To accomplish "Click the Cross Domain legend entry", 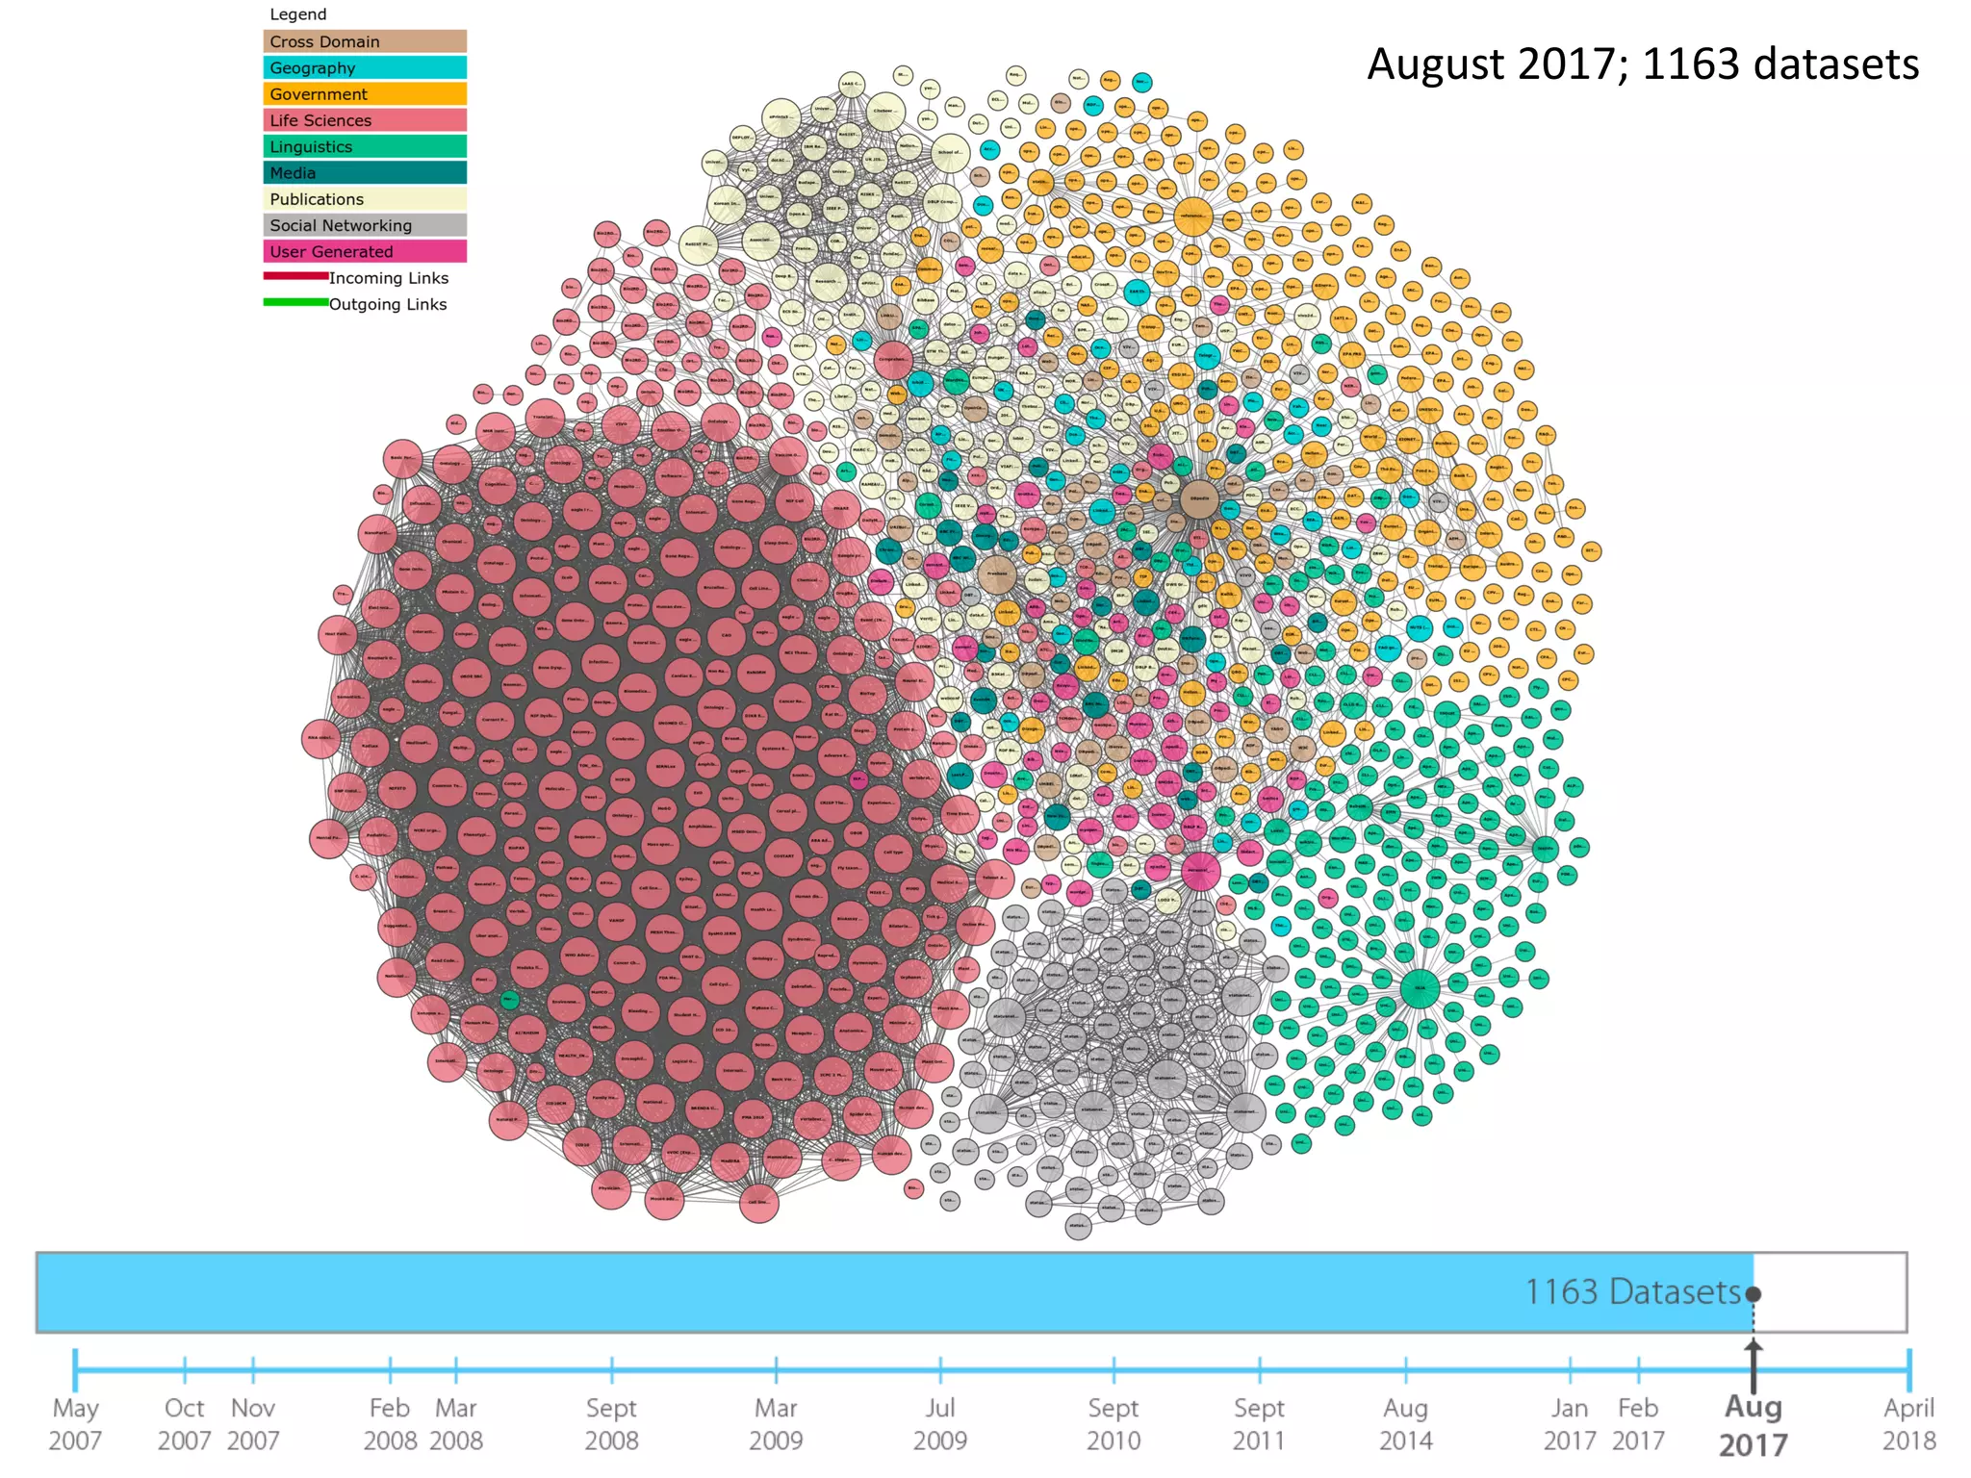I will coord(364,41).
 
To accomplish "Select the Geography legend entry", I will coord(364,67).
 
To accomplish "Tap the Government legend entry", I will coord(364,94).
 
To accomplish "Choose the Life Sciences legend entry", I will coord(364,120).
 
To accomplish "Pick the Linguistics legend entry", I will coord(364,146).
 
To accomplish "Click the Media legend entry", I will coord(364,173).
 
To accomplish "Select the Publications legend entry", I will coord(364,199).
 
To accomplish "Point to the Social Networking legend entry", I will coord(364,225).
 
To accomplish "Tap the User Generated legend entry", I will coord(364,251).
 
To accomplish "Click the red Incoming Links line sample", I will coord(295,276).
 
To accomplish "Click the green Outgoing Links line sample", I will coord(295,302).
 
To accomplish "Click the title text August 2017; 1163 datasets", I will coord(1642,64).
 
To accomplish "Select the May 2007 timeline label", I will coord(75,1424).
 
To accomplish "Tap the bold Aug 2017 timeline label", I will coord(1753,1425).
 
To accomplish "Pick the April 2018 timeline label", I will coord(1908,1424).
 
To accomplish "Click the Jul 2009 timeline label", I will coord(939,1424).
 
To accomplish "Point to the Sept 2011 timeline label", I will coord(1259,1424).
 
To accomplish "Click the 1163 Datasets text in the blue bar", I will coord(1632,1291).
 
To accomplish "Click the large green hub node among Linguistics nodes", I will coord(1420,988).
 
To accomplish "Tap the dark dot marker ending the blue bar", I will coord(1753,1293).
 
